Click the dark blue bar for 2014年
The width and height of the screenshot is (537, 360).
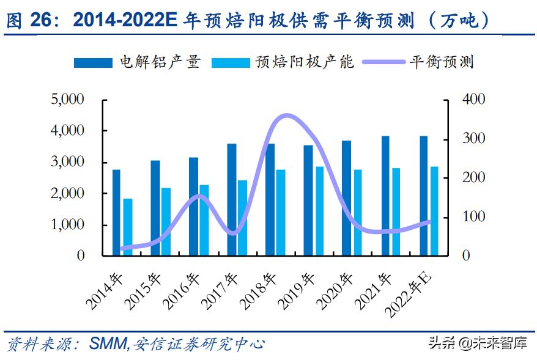pyautogui.click(x=116, y=212)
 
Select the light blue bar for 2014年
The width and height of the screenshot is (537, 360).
pyautogui.click(x=127, y=227)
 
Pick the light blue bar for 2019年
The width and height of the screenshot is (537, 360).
pyautogui.click(x=319, y=211)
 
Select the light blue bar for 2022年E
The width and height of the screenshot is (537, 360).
pyautogui.click(x=434, y=211)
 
